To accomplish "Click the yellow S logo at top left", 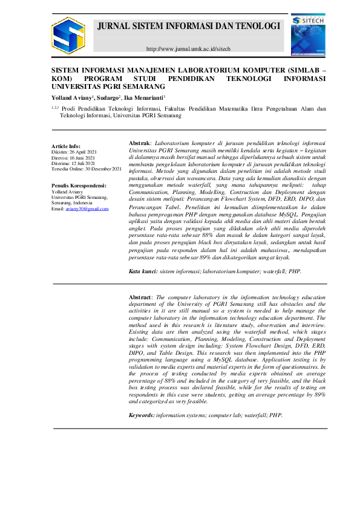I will (68, 35).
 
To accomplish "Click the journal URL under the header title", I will (189, 48).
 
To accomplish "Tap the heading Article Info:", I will (66, 146).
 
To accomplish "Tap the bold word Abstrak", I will (140, 143).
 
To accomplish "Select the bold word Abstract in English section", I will (142, 297).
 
